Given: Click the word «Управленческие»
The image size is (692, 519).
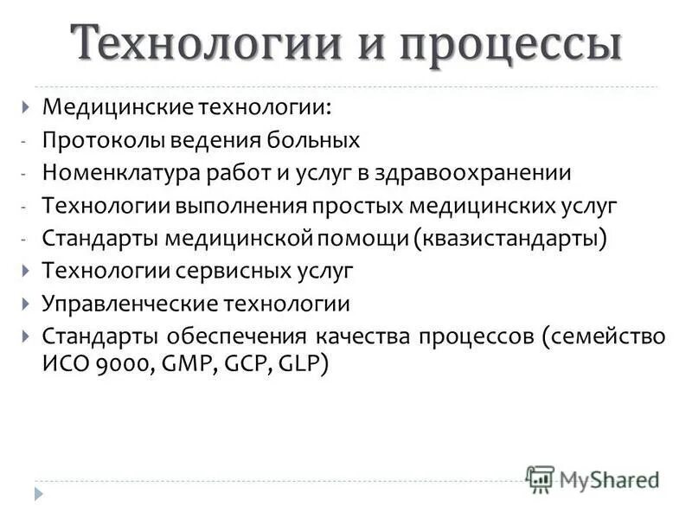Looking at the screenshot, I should (125, 304).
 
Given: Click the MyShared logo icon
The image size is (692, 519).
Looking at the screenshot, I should (540, 478).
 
